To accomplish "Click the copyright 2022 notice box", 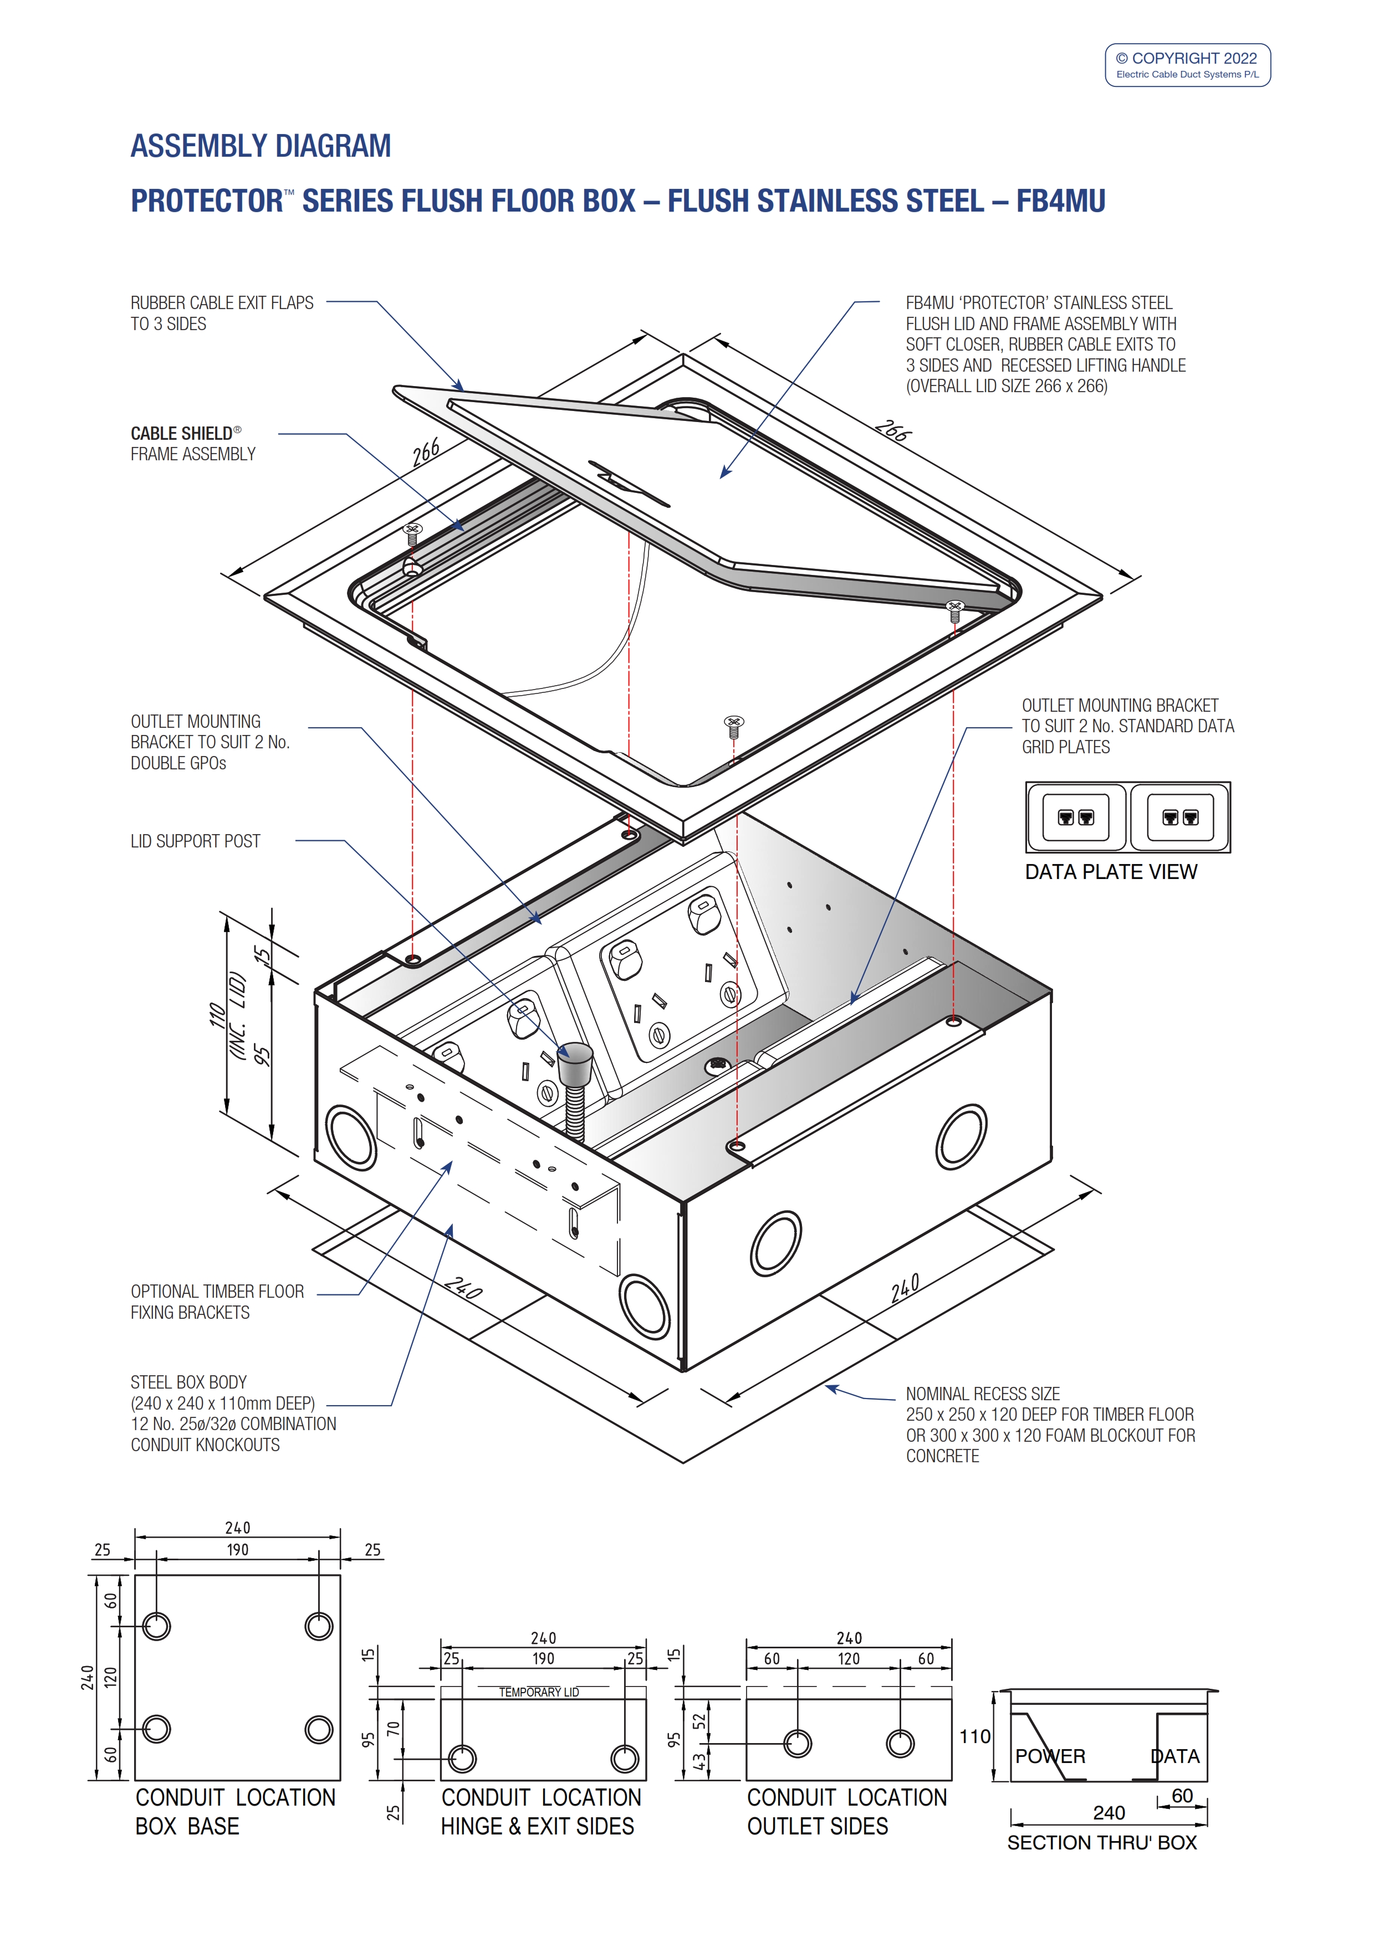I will (1187, 65).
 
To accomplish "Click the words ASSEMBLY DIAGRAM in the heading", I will (260, 146).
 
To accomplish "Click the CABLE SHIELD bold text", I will (181, 433).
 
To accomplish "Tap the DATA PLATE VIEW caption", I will (1111, 872).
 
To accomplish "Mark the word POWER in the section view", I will (1050, 1757).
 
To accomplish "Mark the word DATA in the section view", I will (1174, 1757).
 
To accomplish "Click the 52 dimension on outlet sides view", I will (698, 1721).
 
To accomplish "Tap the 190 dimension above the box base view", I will (237, 1550).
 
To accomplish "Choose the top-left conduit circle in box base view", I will (157, 1626).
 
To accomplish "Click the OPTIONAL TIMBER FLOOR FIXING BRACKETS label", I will (217, 1302).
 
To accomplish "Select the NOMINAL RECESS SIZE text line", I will (982, 1394).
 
